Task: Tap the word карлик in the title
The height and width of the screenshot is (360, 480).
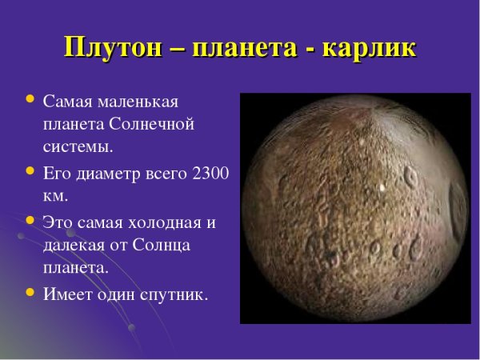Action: click(x=369, y=46)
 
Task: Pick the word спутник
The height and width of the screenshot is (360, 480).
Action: click(x=173, y=294)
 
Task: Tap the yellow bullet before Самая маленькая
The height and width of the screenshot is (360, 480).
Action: click(x=30, y=100)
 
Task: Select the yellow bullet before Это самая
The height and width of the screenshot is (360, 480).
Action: click(x=30, y=219)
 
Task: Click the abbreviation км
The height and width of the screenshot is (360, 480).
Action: click(x=54, y=195)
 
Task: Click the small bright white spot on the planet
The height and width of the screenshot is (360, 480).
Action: click(x=382, y=189)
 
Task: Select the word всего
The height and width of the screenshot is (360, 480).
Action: click(x=165, y=172)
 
